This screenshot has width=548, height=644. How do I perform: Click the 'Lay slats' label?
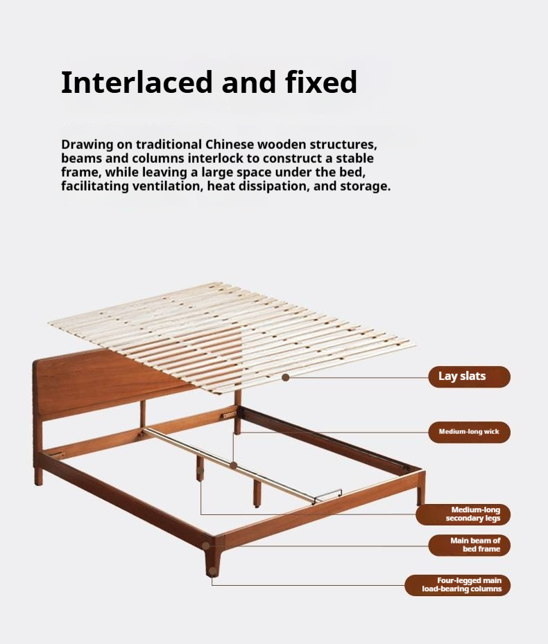point(462,376)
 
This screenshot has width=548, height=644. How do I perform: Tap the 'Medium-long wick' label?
point(469,431)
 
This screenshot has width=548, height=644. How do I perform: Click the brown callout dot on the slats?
point(285,377)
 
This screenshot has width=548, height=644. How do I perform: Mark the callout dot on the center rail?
point(234,465)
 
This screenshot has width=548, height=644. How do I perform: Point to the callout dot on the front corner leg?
point(206,546)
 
